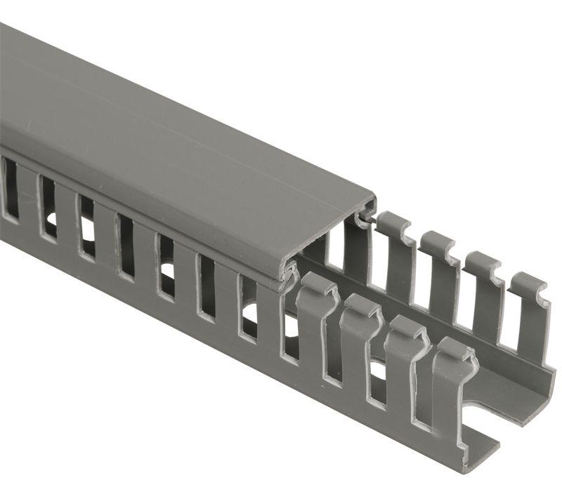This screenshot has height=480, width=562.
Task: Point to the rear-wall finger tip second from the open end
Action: [x=485, y=263]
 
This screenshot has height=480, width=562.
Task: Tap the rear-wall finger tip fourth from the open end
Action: [x=393, y=223]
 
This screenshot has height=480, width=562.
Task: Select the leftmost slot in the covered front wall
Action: [x=9, y=189]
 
